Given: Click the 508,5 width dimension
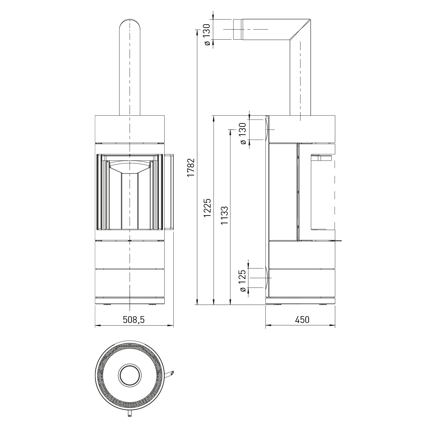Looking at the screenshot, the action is coord(134,320).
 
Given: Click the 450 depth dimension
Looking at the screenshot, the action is coord(302,320).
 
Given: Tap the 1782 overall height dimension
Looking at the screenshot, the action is coord(191,167).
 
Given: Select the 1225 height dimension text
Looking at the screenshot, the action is coord(207,208).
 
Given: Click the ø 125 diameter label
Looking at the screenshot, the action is coord(242,281).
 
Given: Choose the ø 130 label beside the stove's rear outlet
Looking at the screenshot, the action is coord(243,134).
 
